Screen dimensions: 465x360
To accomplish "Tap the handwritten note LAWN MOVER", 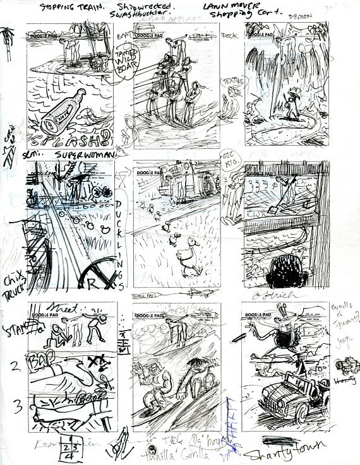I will point(224,7).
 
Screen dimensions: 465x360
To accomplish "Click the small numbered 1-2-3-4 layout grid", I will point(68,445).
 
